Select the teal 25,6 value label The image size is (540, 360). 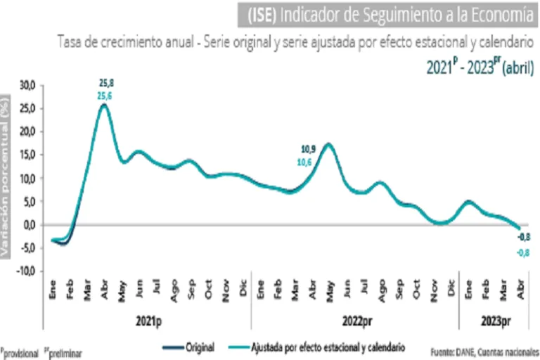point(104,96)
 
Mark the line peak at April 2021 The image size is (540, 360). point(104,105)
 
